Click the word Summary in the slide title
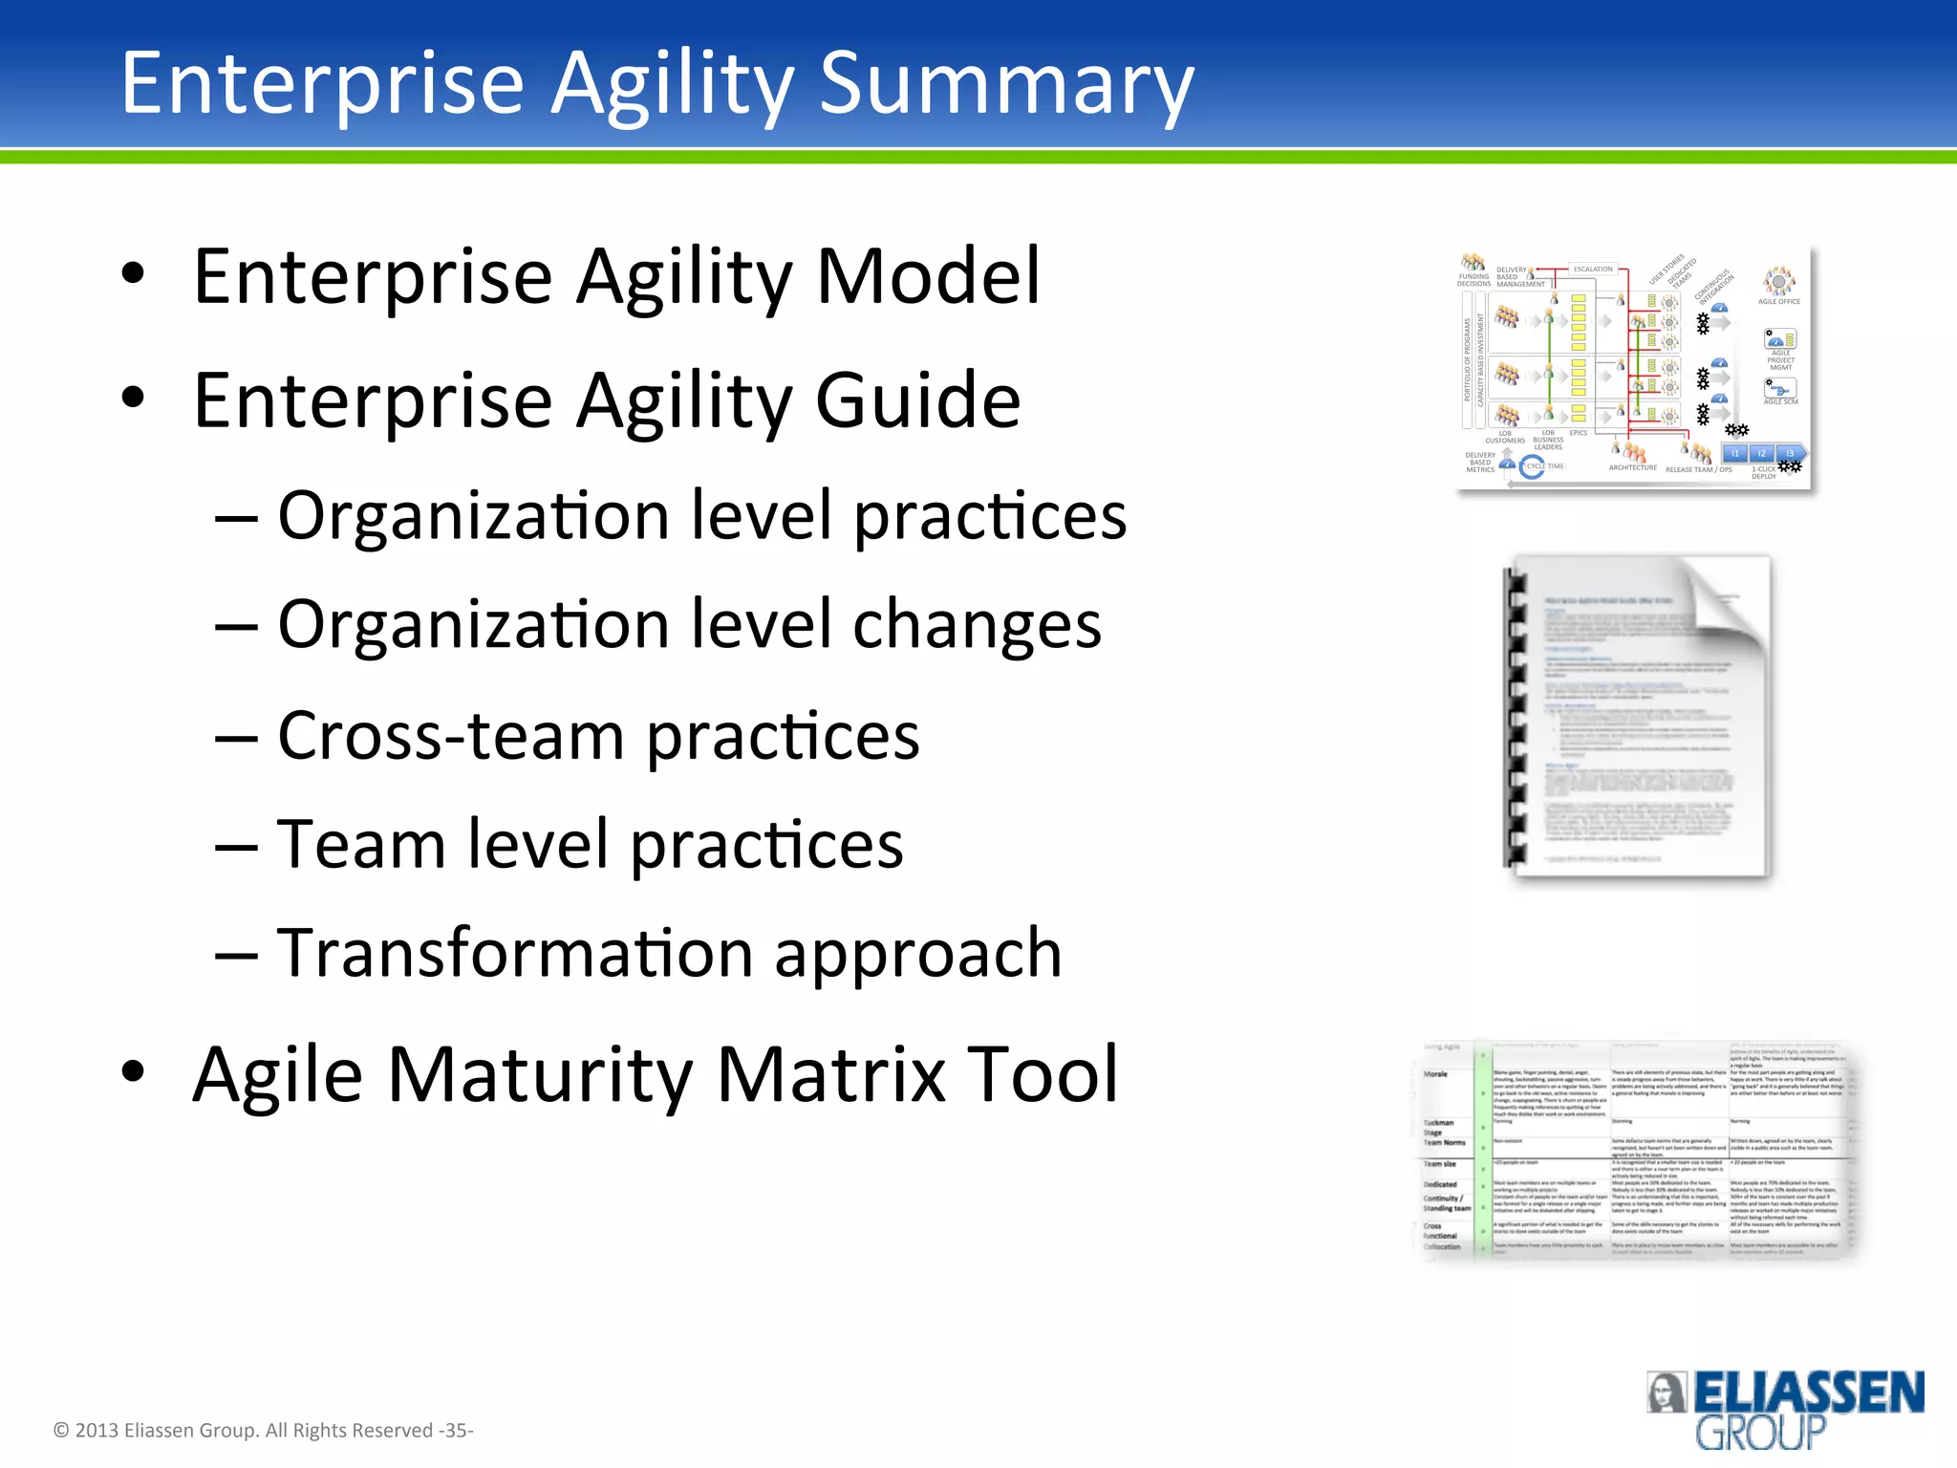[1005, 84]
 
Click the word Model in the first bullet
[927, 276]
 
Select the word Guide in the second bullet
[917, 400]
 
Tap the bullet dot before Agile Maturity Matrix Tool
[133, 1072]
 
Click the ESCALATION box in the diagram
[1593, 270]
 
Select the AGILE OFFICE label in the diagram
[1778, 302]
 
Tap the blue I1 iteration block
[1735, 453]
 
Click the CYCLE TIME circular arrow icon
[1532, 467]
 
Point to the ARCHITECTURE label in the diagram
[1632, 468]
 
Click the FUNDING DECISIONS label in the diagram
[1473, 280]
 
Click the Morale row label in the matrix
[1435, 1074]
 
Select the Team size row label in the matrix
[1439, 1164]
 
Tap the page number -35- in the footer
[456, 1431]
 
